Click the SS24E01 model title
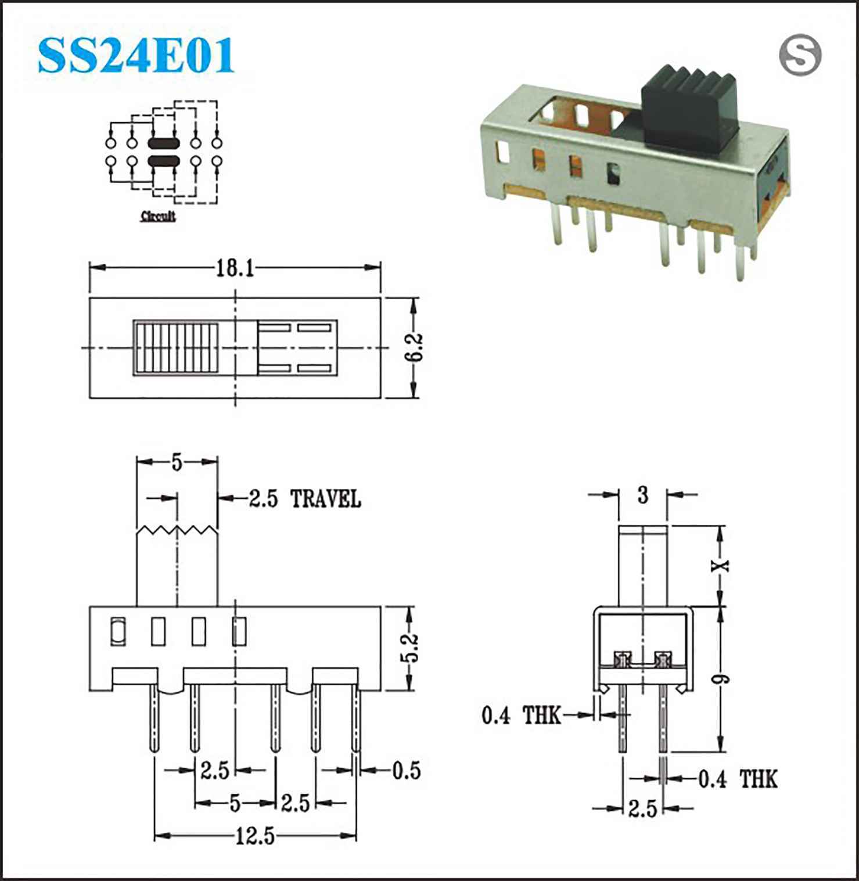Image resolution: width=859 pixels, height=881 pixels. [x=136, y=56]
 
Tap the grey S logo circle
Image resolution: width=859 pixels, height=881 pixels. [x=800, y=55]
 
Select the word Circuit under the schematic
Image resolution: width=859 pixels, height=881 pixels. [x=158, y=216]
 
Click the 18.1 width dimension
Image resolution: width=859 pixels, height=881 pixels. [x=235, y=268]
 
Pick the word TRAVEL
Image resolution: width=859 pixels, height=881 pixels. [x=325, y=499]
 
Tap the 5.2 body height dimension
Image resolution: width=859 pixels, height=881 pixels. [x=410, y=648]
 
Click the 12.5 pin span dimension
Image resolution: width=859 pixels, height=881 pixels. [x=255, y=836]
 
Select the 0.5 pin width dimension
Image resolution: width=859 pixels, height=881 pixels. [x=407, y=771]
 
